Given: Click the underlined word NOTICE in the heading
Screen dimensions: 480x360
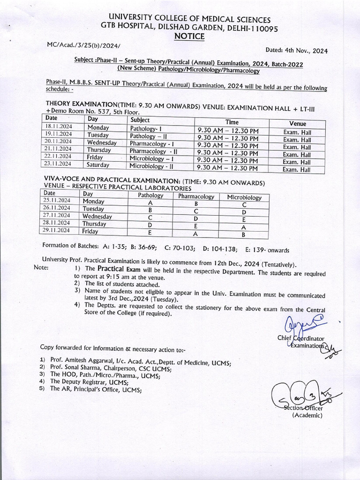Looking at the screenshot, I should tap(189, 37).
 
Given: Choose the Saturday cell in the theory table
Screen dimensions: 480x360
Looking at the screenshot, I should tap(98, 165).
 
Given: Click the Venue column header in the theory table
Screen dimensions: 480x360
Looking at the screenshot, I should tap(297, 124).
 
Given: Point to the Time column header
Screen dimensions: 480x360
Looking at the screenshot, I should tap(232, 122).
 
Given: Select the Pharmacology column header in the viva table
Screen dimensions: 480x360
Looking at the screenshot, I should tap(196, 196).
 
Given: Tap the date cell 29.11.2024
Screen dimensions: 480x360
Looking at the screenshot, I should tap(56, 230).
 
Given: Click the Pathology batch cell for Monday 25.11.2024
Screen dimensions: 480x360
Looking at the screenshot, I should tap(150, 203).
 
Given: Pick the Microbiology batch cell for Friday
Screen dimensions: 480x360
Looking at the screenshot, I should tap(243, 234).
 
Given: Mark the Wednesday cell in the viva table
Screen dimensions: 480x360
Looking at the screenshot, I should tap(97, 217).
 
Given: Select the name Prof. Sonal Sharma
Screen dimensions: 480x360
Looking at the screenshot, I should tap(75, 369).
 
